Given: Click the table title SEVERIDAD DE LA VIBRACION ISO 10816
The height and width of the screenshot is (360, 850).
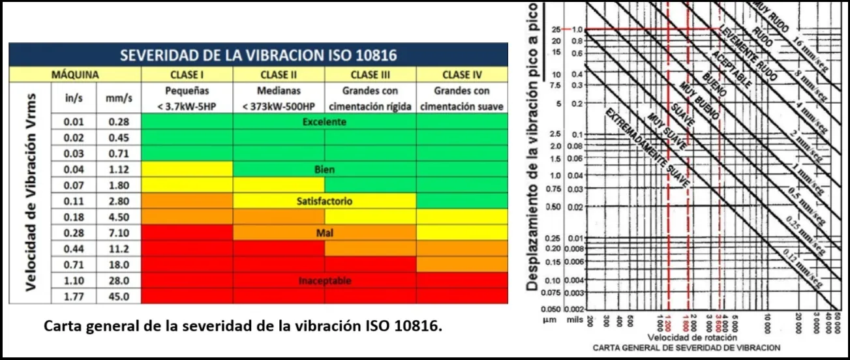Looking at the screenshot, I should (x=258, y=54).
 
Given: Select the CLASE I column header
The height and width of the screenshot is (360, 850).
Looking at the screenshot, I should (x=187, y=74).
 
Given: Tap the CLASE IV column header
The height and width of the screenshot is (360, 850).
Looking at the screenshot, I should (x=461, y=74).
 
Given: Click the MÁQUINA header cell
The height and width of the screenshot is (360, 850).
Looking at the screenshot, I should (x=75, y=74).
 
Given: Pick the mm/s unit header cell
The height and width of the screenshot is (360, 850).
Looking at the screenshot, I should (x=119, y=98).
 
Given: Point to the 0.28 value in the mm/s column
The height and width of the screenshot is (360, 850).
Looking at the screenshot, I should (x=119, y=122).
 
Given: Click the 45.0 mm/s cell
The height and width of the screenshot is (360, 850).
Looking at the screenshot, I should (x=119, y=297).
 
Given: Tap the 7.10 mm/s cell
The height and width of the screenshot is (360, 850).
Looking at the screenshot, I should (x=119, y=233).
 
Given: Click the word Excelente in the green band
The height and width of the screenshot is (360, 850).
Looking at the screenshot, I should (x=324, y=122).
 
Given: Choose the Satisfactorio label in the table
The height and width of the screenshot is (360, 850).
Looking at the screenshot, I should (x=324, y=202).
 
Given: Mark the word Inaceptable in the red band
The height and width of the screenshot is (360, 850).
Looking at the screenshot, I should (x=324, y=281).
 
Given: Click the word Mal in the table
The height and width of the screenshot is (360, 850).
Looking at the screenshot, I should (x=324, y=233).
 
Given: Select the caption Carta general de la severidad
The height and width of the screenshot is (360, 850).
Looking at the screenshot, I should (x=243, y=325).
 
